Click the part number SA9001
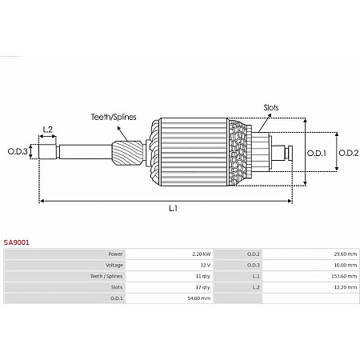click(x=17, y=240)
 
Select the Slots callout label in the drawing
click(x=270, y=106)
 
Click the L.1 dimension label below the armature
click(x=174, y=208)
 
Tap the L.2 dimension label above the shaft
click(x=47, y=129)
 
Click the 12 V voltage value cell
click(x=204, y=265)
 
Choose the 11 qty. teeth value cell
click(x=202, y=276)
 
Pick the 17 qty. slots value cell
click(x=202, y=287)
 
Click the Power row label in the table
click(x=115, y=254)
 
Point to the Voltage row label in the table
click(x=114, y=265)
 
